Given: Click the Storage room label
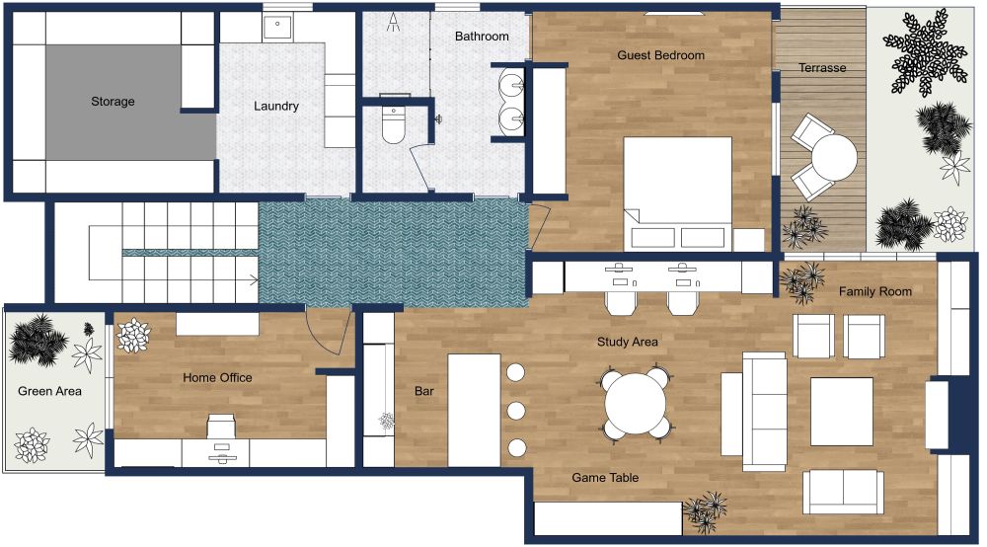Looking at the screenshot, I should point(113,101).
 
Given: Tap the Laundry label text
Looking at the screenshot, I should point(275,106).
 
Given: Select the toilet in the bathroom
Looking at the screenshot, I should point(394,125).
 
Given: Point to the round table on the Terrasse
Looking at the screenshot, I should point(834,157).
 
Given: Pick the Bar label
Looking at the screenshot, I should point(423,391).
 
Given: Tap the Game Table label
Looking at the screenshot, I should point(605,477).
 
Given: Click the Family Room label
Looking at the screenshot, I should point(874,291).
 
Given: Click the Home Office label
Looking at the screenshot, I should point(217,377).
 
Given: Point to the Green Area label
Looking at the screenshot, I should point(49,391).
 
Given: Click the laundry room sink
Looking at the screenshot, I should point(277,27).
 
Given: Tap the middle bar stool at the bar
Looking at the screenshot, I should point(515,410).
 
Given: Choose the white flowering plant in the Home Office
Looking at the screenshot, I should point(132,336).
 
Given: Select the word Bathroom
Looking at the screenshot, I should point(482,37).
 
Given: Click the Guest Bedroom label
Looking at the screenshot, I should point(660,55).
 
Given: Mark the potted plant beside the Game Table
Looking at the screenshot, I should point(705,510).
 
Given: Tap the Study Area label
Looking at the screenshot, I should point(627,342).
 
